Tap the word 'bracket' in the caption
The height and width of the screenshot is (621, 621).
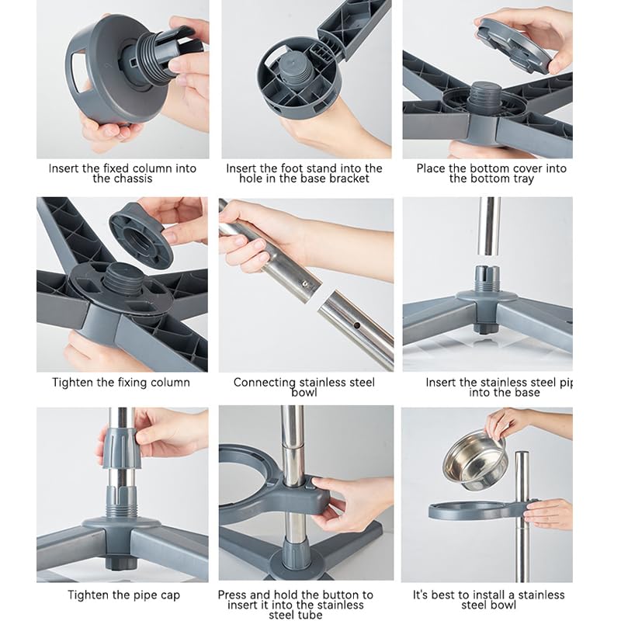pos(349,179)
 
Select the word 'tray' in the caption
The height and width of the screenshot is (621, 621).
pos(523,179)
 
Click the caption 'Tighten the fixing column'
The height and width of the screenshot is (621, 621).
pos(121,383)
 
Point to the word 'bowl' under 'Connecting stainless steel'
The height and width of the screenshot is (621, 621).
pos(304,393)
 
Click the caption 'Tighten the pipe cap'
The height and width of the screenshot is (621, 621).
pos(123,595)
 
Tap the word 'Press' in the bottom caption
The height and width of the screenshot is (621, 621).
pos(232,595)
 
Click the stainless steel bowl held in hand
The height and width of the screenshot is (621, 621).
pos(475,460)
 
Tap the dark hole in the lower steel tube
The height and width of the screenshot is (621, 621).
pos(357,325)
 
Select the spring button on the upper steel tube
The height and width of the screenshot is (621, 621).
pos(304,283)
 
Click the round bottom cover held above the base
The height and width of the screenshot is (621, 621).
pos(514,44)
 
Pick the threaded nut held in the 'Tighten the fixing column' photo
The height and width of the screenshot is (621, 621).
pos(141,235)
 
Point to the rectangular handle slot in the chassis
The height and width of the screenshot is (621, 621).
pos(78,68)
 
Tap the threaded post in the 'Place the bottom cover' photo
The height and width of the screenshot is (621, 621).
pos(486,98)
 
